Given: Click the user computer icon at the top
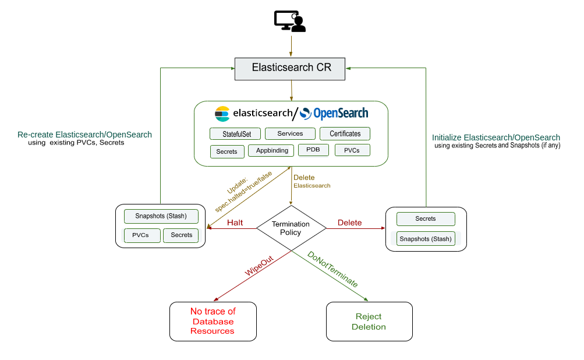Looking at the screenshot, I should click(x=290, y=21).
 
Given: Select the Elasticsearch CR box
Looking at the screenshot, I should click(x=291, y=68).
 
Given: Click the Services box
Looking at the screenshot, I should click(x=290, y=133).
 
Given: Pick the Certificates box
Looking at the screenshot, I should click(x=345, y=133).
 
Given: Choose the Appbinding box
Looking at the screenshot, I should click(x=271, y=150).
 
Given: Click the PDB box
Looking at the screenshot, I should click(x=313, y=150).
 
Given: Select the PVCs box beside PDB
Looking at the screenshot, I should click(x=352, y=150).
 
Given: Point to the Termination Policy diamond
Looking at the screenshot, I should click(x=291, y=228).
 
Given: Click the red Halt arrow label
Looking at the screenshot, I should click(x=235, y=223).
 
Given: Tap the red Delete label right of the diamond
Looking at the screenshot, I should click(x=349, y=223).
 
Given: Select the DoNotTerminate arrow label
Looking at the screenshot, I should click(x=332, y=269).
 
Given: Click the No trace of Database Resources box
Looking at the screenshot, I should click(x=213, y=321).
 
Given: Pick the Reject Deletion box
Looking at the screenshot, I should click(x=369, y=321).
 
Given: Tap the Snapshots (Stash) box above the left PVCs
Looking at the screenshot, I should click(x=161, y=216).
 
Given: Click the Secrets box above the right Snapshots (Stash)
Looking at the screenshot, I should click(x=426, y=219).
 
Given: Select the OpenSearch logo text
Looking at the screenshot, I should click(x=340, y=113).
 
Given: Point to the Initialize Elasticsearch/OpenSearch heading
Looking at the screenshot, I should click(x=495, y=137).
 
